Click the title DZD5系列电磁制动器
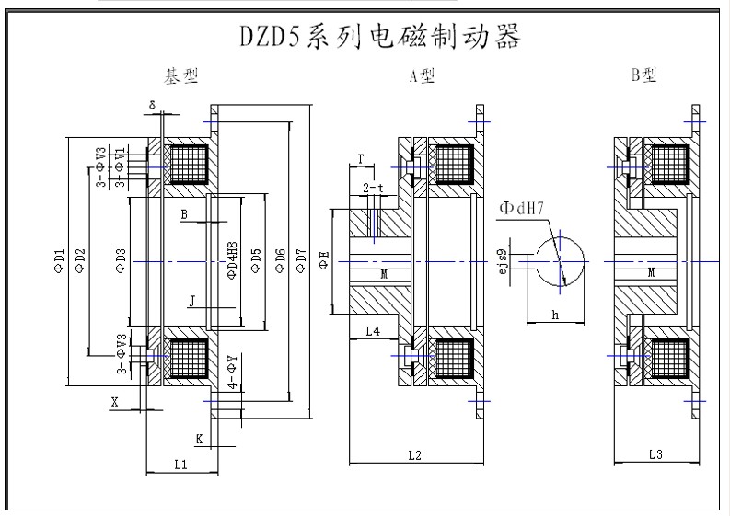click(378, 37)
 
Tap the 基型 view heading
click(180, 75)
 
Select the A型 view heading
click(422, 77)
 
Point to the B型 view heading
click(644, 76)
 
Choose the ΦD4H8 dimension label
click(233, 261)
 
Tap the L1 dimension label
click(181, 464)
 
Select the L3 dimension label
click(655, 453)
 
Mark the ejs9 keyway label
click(502, 261)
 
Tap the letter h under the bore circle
click(555, 314)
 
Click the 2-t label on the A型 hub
click(373, 189)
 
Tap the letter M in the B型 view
click(651, 273)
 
